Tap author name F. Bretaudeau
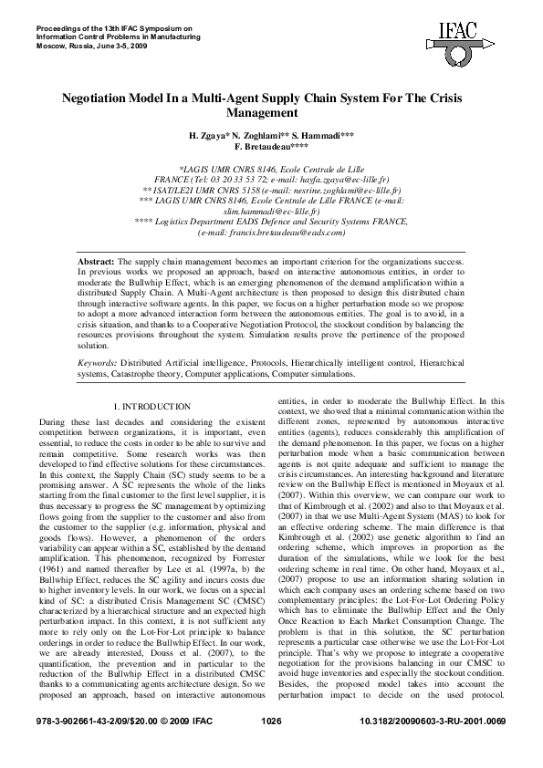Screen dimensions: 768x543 tap(270, 146)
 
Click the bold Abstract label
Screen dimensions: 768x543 tap(97, 262)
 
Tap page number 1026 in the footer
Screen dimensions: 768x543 tap(271, 747)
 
